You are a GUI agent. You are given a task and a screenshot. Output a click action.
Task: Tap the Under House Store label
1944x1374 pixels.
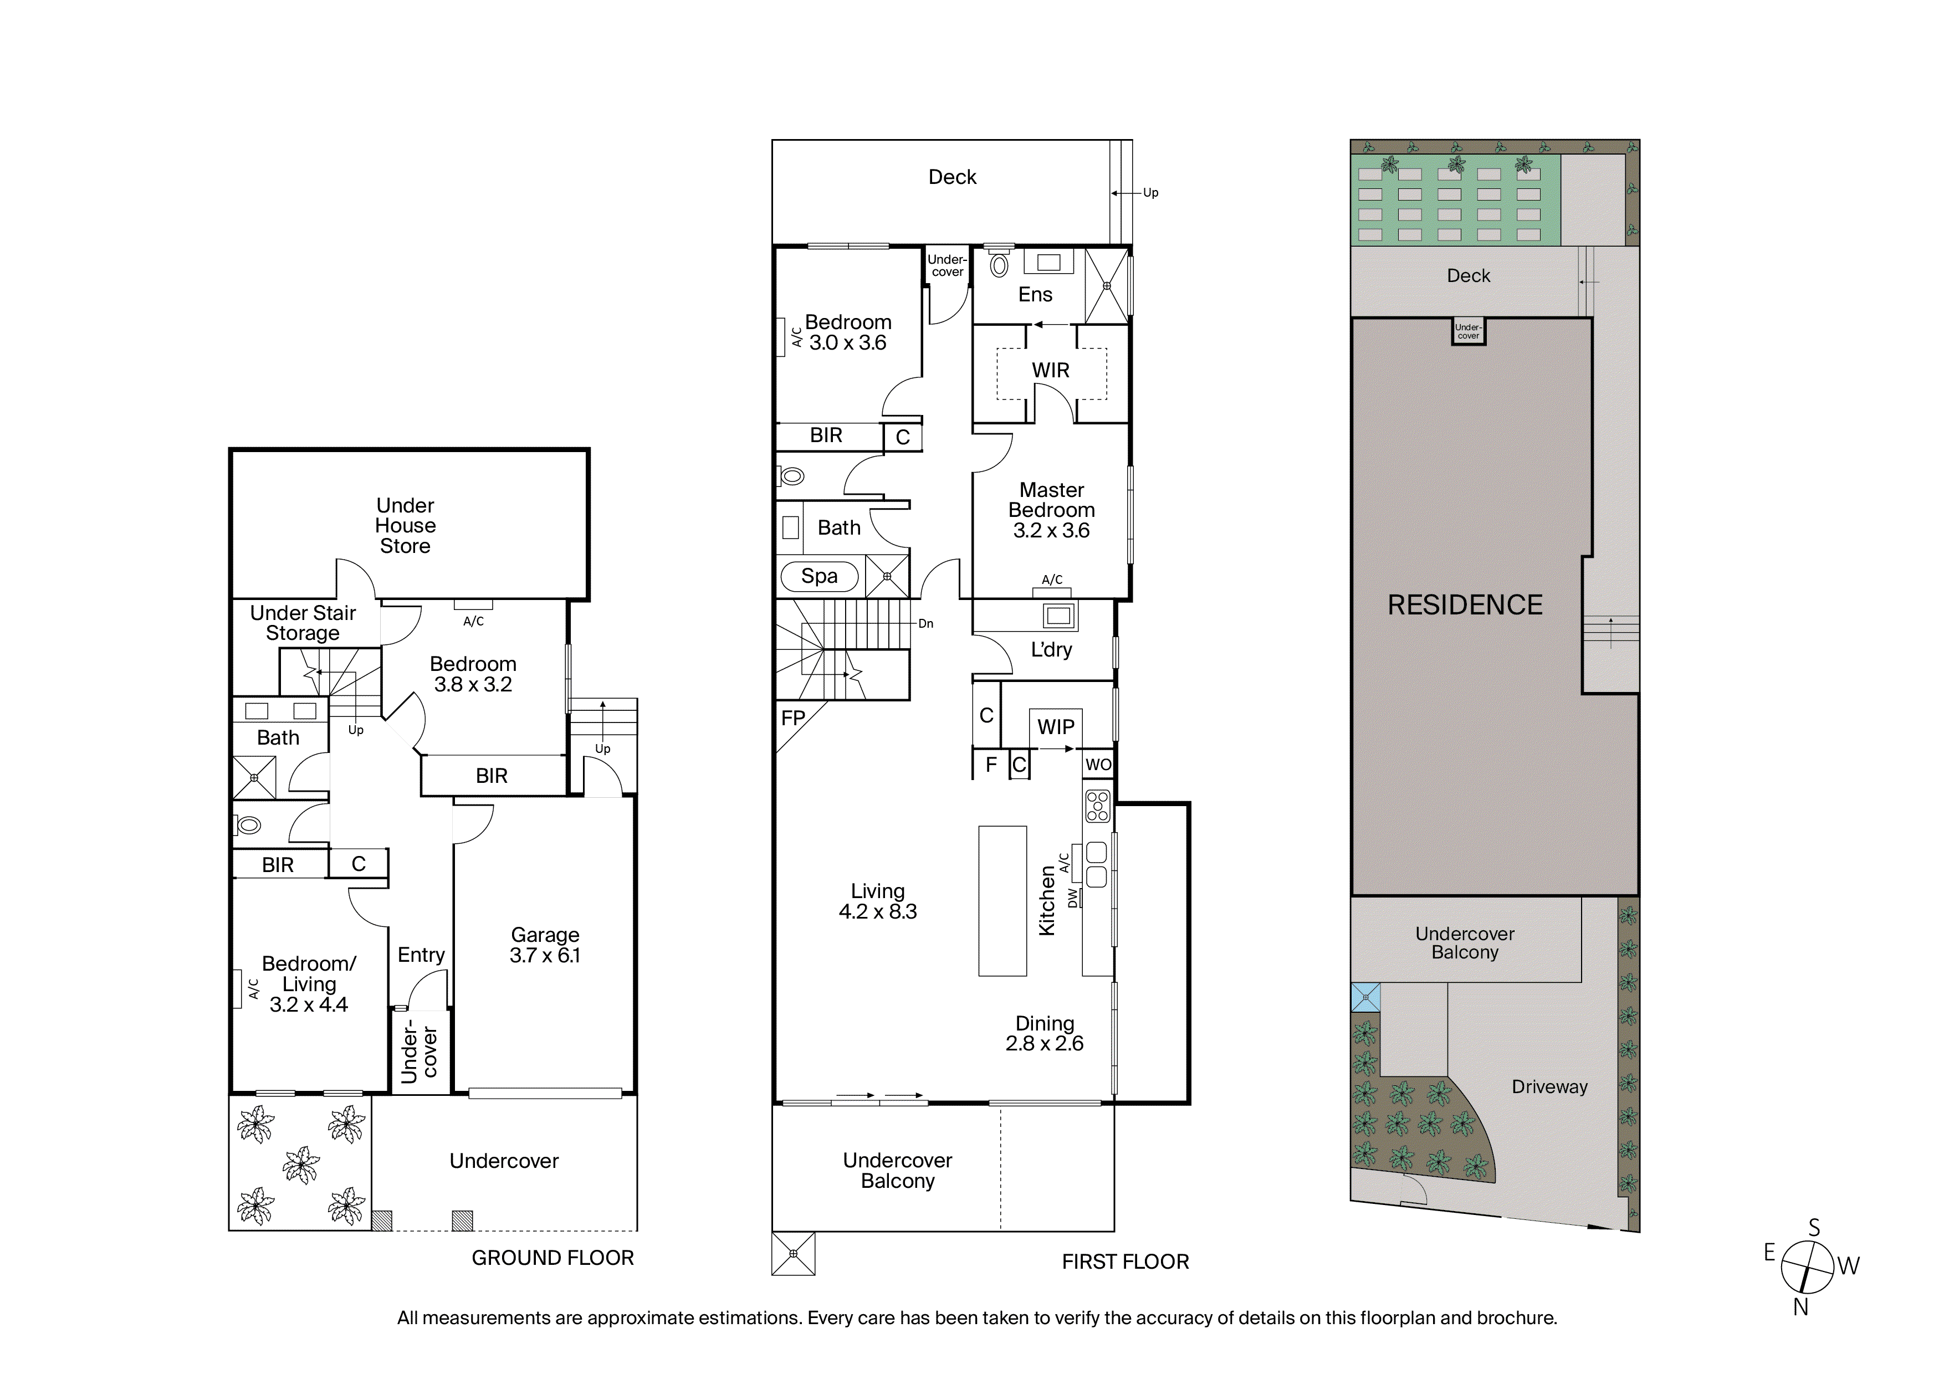point(406,526)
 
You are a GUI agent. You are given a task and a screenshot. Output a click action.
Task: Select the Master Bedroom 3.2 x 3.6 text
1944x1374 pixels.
point(1052,510)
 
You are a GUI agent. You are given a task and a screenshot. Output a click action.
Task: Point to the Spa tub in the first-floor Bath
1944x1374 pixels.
point(818,577)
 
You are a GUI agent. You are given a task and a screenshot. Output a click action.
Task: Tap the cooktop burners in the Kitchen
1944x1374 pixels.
point(1097,806)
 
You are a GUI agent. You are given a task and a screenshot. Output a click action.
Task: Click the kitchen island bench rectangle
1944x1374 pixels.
point(1002,901)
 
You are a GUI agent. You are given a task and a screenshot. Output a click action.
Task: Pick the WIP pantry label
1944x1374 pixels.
point(1056,727)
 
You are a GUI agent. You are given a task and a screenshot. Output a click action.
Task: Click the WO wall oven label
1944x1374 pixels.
point(1098,765)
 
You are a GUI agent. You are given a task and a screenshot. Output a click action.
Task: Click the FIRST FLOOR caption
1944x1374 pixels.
point(1126,1262)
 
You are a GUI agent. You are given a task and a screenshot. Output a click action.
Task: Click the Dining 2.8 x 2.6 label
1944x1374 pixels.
point(1045,1034)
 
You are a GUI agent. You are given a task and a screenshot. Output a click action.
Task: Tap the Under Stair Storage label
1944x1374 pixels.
point(303,623)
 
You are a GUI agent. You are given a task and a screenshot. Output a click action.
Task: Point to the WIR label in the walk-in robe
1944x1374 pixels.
point(1050,370)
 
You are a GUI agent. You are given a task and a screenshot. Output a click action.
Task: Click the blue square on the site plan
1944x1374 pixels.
point(1365,997)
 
